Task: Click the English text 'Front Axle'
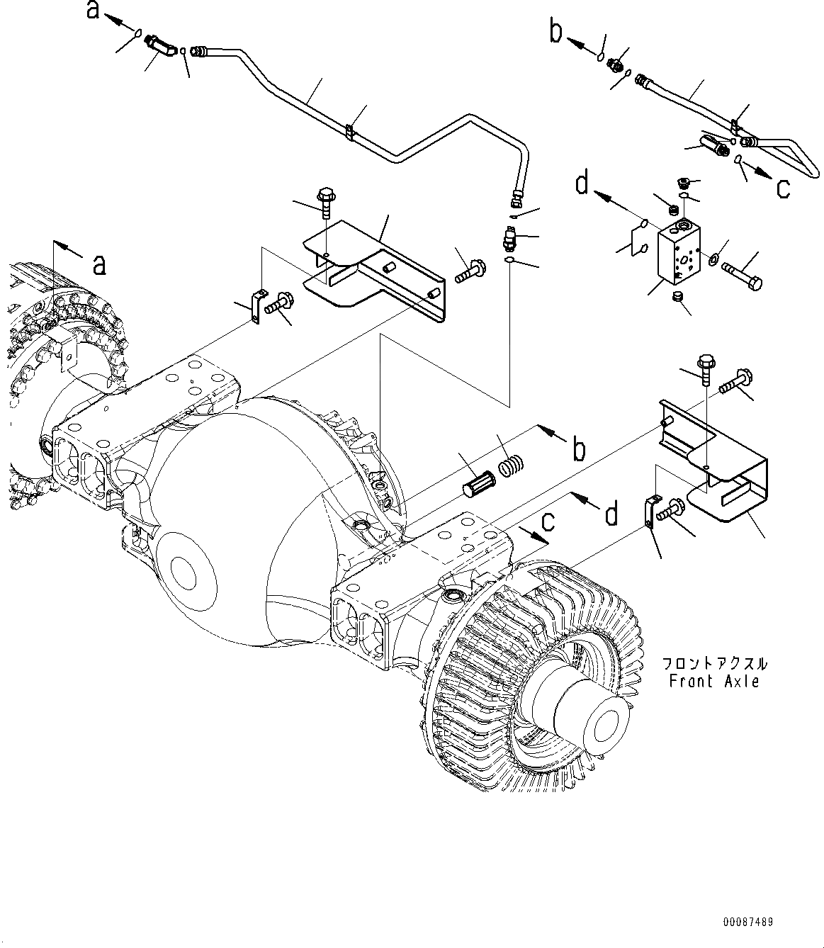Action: click(714, 682)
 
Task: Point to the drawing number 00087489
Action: click(748, 922)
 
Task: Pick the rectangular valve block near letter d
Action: click(679, 256)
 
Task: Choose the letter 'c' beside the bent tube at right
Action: click(783, 188)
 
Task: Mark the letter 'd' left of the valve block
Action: click(582, 184)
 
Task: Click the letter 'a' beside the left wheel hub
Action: click(101, 264)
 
